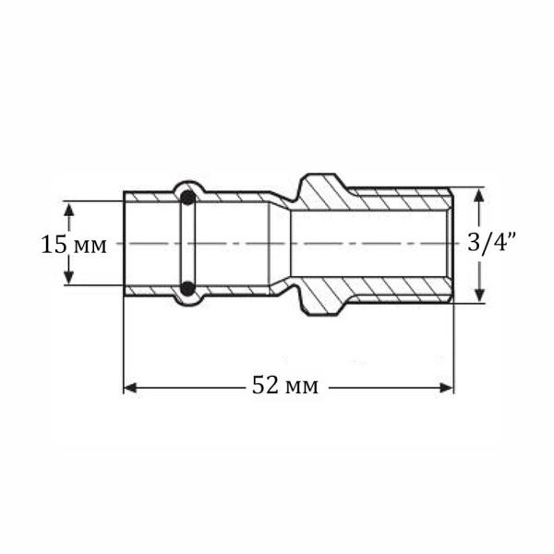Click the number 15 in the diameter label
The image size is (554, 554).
pyautogui.click(x=54, y=245)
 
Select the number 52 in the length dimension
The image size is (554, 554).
pyautogui.click(x=266, y=386)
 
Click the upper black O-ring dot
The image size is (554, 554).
pyautogui.click(x=187, y=198)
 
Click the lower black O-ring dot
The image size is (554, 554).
pyautogui.click(x=187, y=289)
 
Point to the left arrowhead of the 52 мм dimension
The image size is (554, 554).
pyautogui.click(x=130, y=387)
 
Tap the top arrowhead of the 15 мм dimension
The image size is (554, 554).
pyautogui.click(x=67, y=206)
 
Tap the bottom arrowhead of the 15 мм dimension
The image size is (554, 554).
pyautogui.click(x=67, y=280)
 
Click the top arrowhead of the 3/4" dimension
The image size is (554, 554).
pyautogui.click(x=479, y=193)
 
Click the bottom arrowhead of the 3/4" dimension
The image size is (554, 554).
pyautogui.click(x=479, y=295)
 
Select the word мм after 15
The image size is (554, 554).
pyautogui.click(x=90, y=246)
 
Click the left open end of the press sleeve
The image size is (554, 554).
pyautogui.click(x=125, y=244)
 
